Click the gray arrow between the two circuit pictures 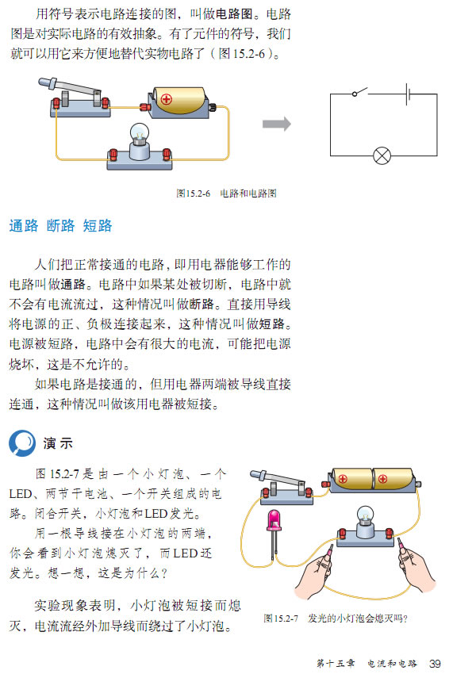(x=276, y=124)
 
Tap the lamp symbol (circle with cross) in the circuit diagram (x=382, y=154)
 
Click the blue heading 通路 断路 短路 (x=61, y=226)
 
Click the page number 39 (x=435, y=663)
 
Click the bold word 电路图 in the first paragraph (x=238, y=15)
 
